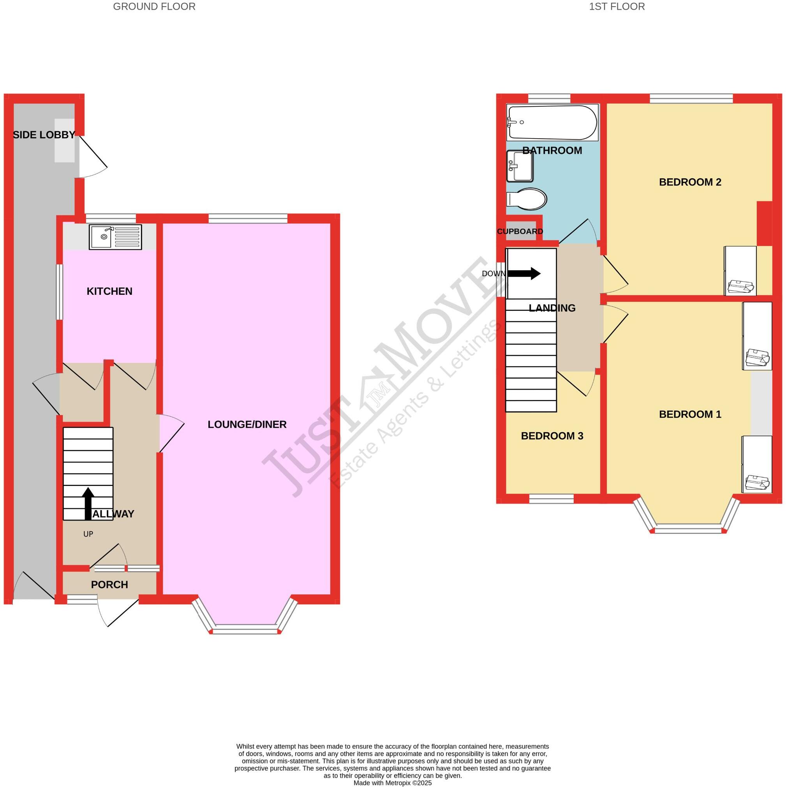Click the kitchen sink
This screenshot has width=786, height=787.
coord(115,237)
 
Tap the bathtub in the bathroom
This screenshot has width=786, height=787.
coord(552,123)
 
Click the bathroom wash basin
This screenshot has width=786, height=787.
coord(520,166)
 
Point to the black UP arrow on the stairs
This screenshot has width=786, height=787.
coord(88,504)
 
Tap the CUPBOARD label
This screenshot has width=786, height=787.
coord(520,231)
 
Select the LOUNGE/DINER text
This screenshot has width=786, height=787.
coord(247,424)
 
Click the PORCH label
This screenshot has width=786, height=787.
coord(109,585)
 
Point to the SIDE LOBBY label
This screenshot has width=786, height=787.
coord(44,135)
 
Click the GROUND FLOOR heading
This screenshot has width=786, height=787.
coord(154,7)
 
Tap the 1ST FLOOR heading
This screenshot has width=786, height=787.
coord(617,7)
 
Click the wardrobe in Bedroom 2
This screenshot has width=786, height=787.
coord(740,271)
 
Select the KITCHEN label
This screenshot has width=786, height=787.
coord(109,291)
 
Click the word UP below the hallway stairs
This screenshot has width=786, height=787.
coord(88,534)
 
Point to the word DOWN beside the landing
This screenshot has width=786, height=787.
coord(493,274)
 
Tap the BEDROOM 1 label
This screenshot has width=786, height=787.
coord(690,414)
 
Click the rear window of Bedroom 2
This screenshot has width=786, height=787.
coord(691,98)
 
